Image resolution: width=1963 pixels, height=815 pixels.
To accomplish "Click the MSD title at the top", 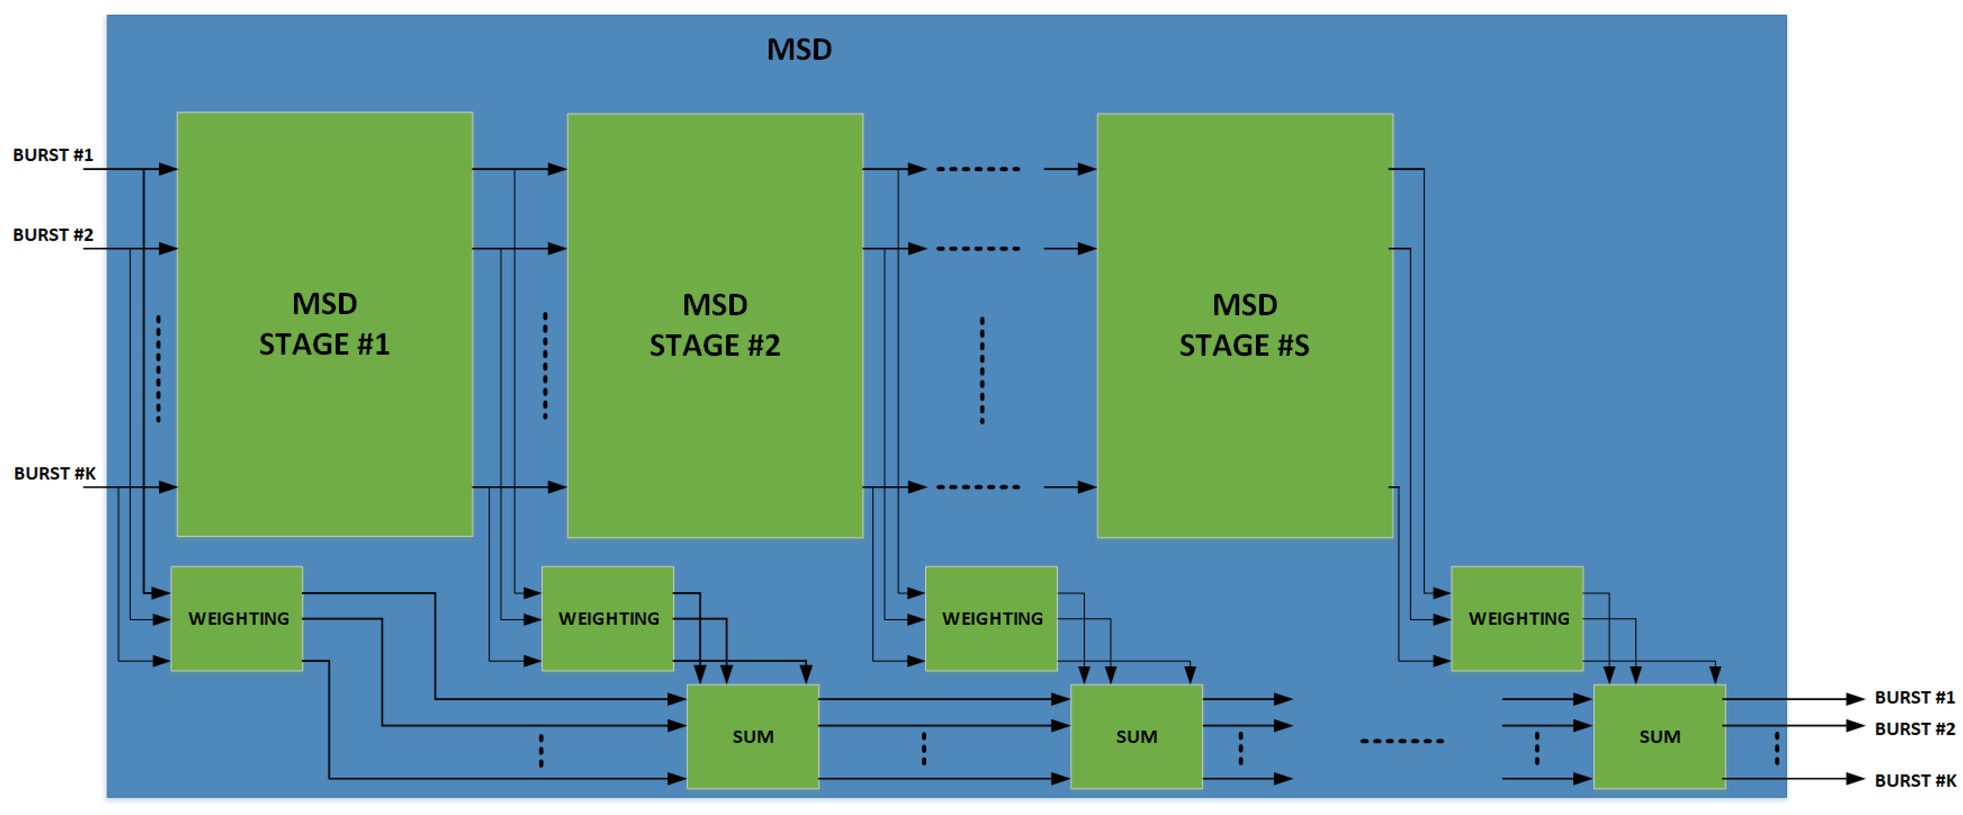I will click(x=799, y=50).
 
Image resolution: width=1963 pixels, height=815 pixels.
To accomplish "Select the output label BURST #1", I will click(x=1914, y=698).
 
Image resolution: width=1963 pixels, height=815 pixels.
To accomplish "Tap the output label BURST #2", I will click(x=1914, y=729).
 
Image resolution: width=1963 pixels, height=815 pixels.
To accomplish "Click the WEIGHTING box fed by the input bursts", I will click(x=237, y=618).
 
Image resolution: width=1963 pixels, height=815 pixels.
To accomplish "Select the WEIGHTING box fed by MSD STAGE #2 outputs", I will click(x=992, y=618).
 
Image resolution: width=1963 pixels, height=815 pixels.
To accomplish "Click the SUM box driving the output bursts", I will click(x=1659, y=737).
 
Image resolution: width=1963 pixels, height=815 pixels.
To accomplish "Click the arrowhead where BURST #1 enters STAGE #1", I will click(x=168, y=169).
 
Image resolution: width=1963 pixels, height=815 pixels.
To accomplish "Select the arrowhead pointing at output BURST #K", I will click(x=1855, y=779).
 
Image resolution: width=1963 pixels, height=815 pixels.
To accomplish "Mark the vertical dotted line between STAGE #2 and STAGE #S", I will click(x=982, y=370).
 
